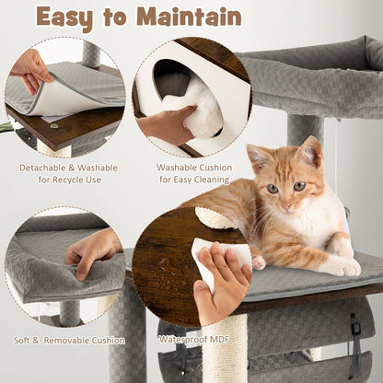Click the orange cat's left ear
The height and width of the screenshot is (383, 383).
click(259, 157)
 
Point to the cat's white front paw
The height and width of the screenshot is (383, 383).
click(342, 266)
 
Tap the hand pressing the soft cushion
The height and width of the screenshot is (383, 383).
click(92, 250)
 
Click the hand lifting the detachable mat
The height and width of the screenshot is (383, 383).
click(31, 69)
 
